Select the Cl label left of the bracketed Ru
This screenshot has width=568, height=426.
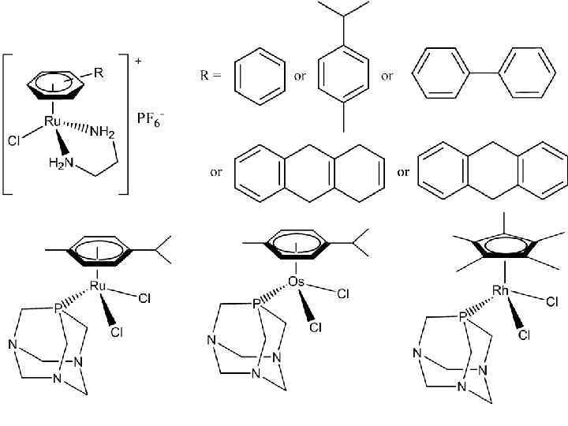[13, 142]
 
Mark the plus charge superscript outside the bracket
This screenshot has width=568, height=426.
[138, 62]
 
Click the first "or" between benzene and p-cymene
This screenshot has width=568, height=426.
[301, 77]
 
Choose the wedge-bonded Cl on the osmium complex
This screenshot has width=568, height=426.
[316, 327]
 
